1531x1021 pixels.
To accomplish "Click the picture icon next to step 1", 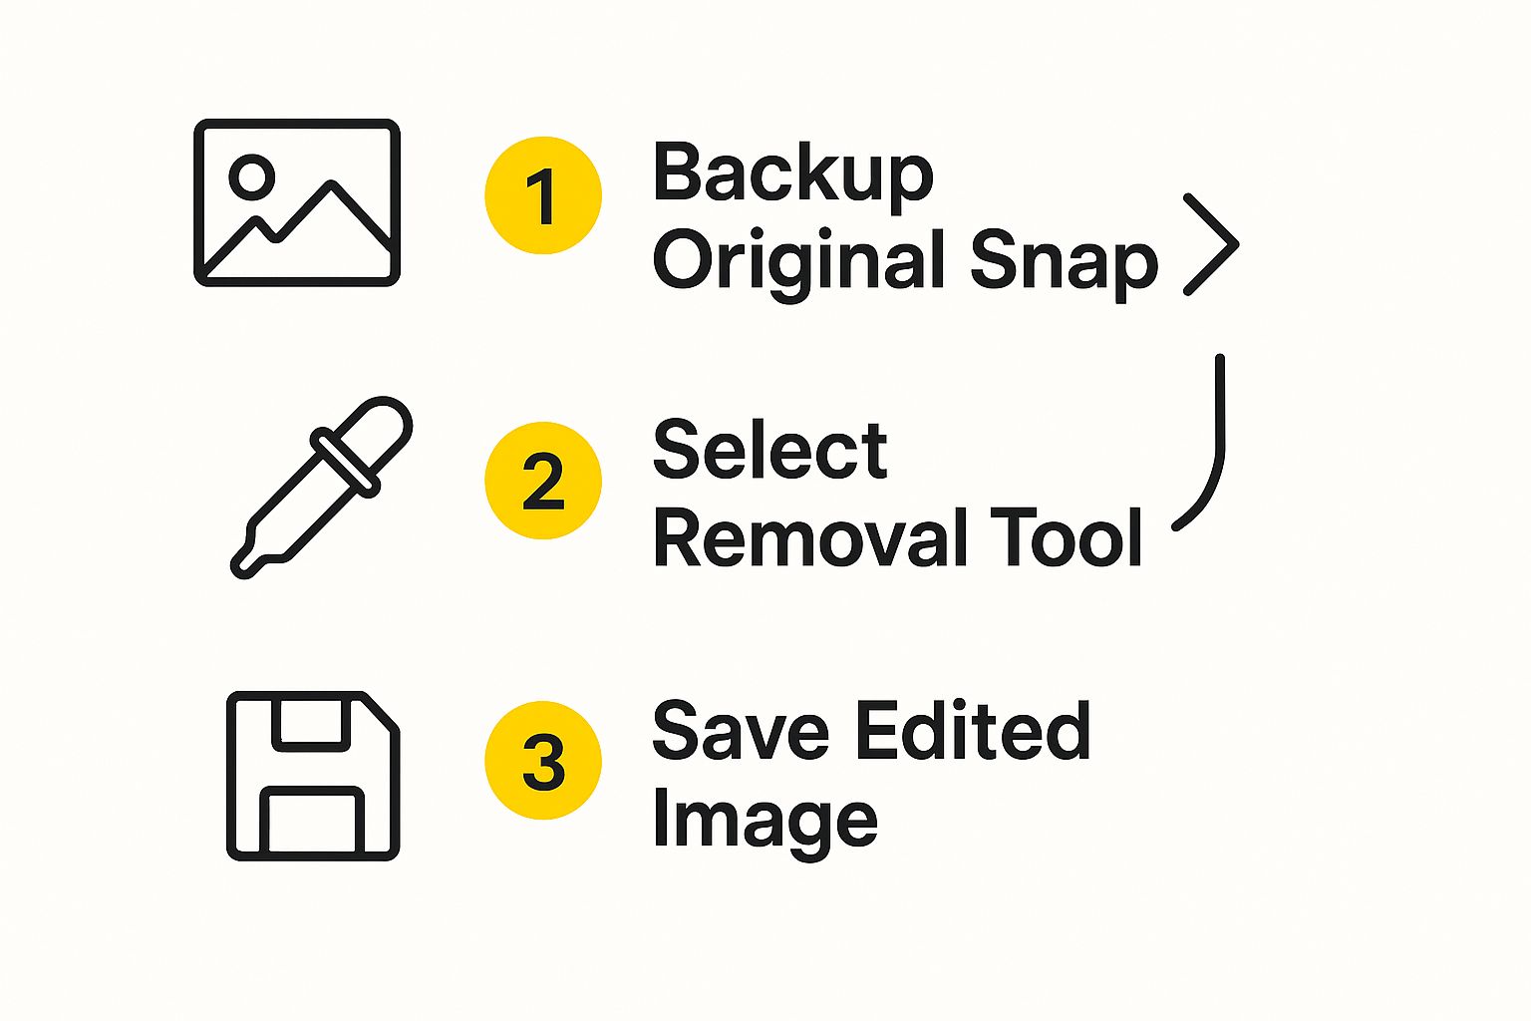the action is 297,202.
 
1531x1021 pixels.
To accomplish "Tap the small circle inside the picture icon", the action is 251,176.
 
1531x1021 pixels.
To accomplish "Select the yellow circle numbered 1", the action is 543,195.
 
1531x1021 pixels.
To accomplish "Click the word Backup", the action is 792,173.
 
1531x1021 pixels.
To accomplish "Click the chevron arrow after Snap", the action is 1212,244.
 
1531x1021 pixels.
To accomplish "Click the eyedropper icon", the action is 321,488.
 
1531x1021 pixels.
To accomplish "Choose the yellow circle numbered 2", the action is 543,481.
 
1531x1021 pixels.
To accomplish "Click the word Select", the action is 769,450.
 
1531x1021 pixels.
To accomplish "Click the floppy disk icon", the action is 313,775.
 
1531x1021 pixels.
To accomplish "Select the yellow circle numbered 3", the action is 543,760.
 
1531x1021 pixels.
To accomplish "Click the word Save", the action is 740,731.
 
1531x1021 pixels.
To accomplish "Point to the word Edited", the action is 973,731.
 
